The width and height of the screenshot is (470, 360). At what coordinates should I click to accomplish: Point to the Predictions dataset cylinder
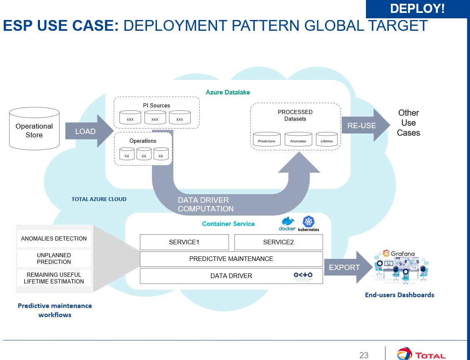(267, 139)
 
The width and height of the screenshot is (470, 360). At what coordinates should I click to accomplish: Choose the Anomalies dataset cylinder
(298, 139)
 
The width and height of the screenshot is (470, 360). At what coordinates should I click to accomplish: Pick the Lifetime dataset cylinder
(327, 139)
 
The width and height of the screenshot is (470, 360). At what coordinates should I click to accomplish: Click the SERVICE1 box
(184, 242)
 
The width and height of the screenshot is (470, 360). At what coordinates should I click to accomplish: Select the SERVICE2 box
(279, 242)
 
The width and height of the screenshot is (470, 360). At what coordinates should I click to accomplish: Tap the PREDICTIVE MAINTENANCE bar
(231, 259)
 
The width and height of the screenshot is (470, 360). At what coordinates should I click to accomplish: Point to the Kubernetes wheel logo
(309, 221)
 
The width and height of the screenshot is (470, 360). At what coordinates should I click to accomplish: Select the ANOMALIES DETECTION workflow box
(54, 238)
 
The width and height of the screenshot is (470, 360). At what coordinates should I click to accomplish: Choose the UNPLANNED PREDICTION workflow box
(54, 258)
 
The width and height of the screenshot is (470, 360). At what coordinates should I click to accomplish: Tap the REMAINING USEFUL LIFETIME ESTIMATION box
(54, 278)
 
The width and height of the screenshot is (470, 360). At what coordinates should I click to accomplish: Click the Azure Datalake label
(228, 92)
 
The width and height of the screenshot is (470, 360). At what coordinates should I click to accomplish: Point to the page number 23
(364, 355)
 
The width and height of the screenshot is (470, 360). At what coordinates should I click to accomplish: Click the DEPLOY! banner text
(417, 8)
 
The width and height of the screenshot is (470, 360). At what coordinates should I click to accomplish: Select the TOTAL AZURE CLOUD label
(99, 199)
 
